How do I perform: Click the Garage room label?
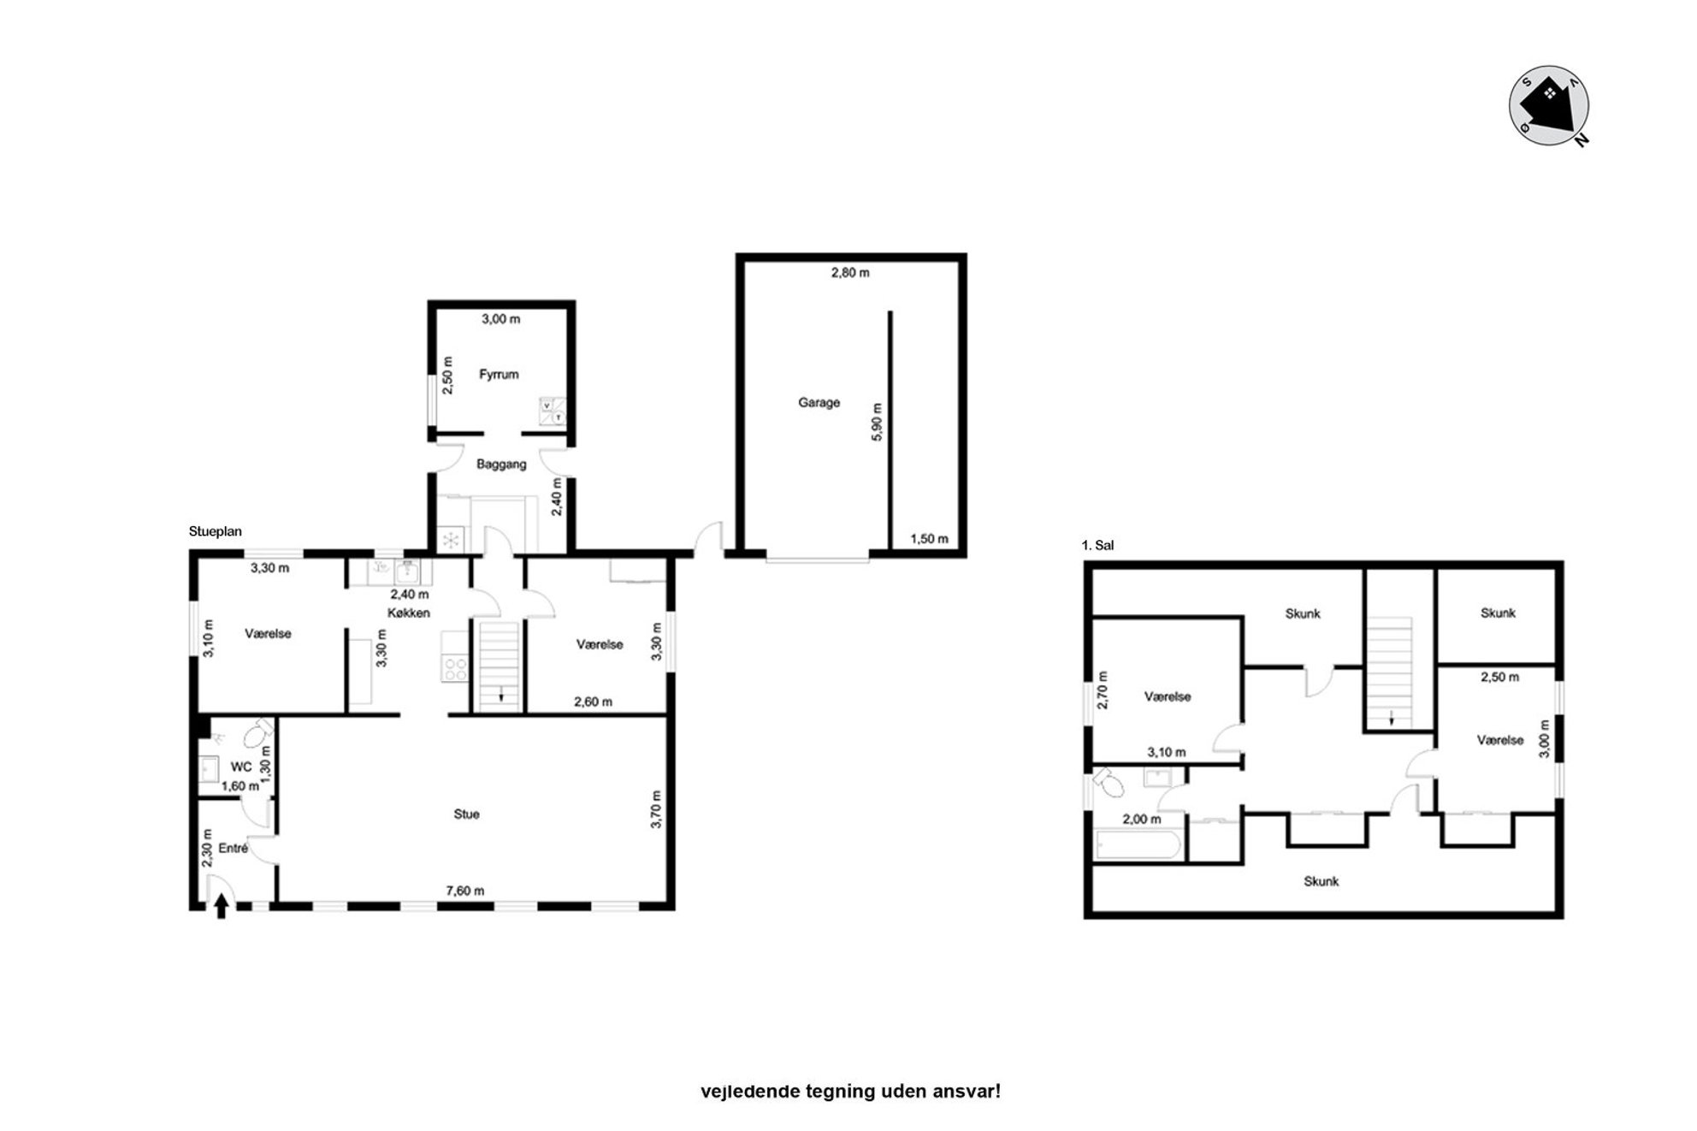click(x=819, y=402)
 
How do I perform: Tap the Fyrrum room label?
click(x=499, y=374)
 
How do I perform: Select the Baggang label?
click(x=501, y=465)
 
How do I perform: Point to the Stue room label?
click(x=466, y=814)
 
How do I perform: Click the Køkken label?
click(x=409, y=613)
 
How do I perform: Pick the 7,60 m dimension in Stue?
click(x=464, y=891)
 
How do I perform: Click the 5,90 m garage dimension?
click(x=876, y=422)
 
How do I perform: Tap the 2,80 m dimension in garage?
click(x=850, y=273)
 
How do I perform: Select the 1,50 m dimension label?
click(x=929, y=539)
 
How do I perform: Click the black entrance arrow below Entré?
click(x=222, y=906)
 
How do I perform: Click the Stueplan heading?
click(x=216, y=531)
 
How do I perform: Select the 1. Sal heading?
click(x=1097, y=545)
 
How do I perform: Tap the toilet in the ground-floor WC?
click(x=256, y=734)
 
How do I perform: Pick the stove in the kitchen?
click(x=454, y=668)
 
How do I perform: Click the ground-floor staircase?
click(x=499, y=666)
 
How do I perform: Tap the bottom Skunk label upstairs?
click(x=1321, y=881)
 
